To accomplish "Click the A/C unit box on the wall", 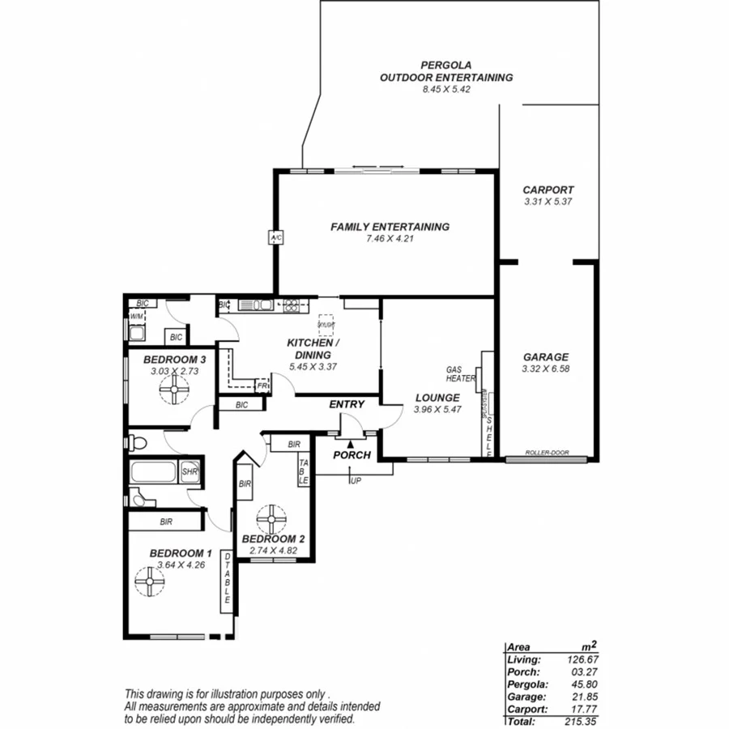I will pos(275,237).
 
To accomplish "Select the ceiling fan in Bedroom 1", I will pos(150,581).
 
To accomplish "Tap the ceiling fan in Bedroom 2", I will pos(271,517).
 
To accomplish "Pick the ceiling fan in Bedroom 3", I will pos(173,392).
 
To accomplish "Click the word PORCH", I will pos(352,455).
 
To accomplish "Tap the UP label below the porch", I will pos(356,481).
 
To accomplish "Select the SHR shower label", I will pos(190,472).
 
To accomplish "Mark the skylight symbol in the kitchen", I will pos(326,323).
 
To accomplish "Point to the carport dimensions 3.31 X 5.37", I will pos(548,202).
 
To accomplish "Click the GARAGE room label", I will pos(545,356).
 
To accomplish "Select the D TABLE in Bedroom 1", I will pos(228,582).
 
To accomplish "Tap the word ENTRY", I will pos(347,404).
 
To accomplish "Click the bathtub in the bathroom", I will pos(155,471).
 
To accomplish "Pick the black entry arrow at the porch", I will pos(350,443).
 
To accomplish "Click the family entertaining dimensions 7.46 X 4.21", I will pos(390,239).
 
